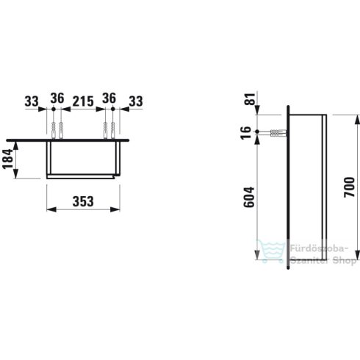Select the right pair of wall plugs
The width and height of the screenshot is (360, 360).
[x=109, y=129]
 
